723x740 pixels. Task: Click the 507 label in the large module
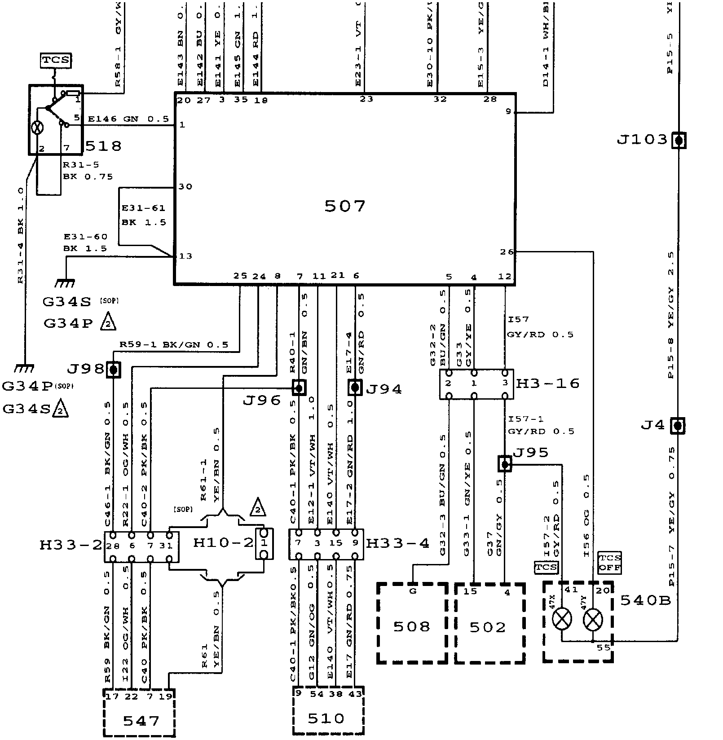[344, 206]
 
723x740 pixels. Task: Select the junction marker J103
[679, 141]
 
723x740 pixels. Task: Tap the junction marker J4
[677, 426]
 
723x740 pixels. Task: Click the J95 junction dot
[505, 464]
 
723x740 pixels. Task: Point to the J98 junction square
[114, 370]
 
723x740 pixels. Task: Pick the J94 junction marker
[355, 387]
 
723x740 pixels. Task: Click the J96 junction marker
[299, 387]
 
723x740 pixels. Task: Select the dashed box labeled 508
[412, 622]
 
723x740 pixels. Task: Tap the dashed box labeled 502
[489, 622]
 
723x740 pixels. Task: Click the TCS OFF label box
[610, 563]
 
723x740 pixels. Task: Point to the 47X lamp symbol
[562, 620]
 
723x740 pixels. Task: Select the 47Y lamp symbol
[592, 620]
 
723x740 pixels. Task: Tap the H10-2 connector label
[223, 543]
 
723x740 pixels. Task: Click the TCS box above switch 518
[56, 60]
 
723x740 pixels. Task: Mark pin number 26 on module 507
[507, 252]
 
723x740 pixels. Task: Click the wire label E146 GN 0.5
[128, 119]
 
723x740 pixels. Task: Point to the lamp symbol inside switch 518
[37, 128]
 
